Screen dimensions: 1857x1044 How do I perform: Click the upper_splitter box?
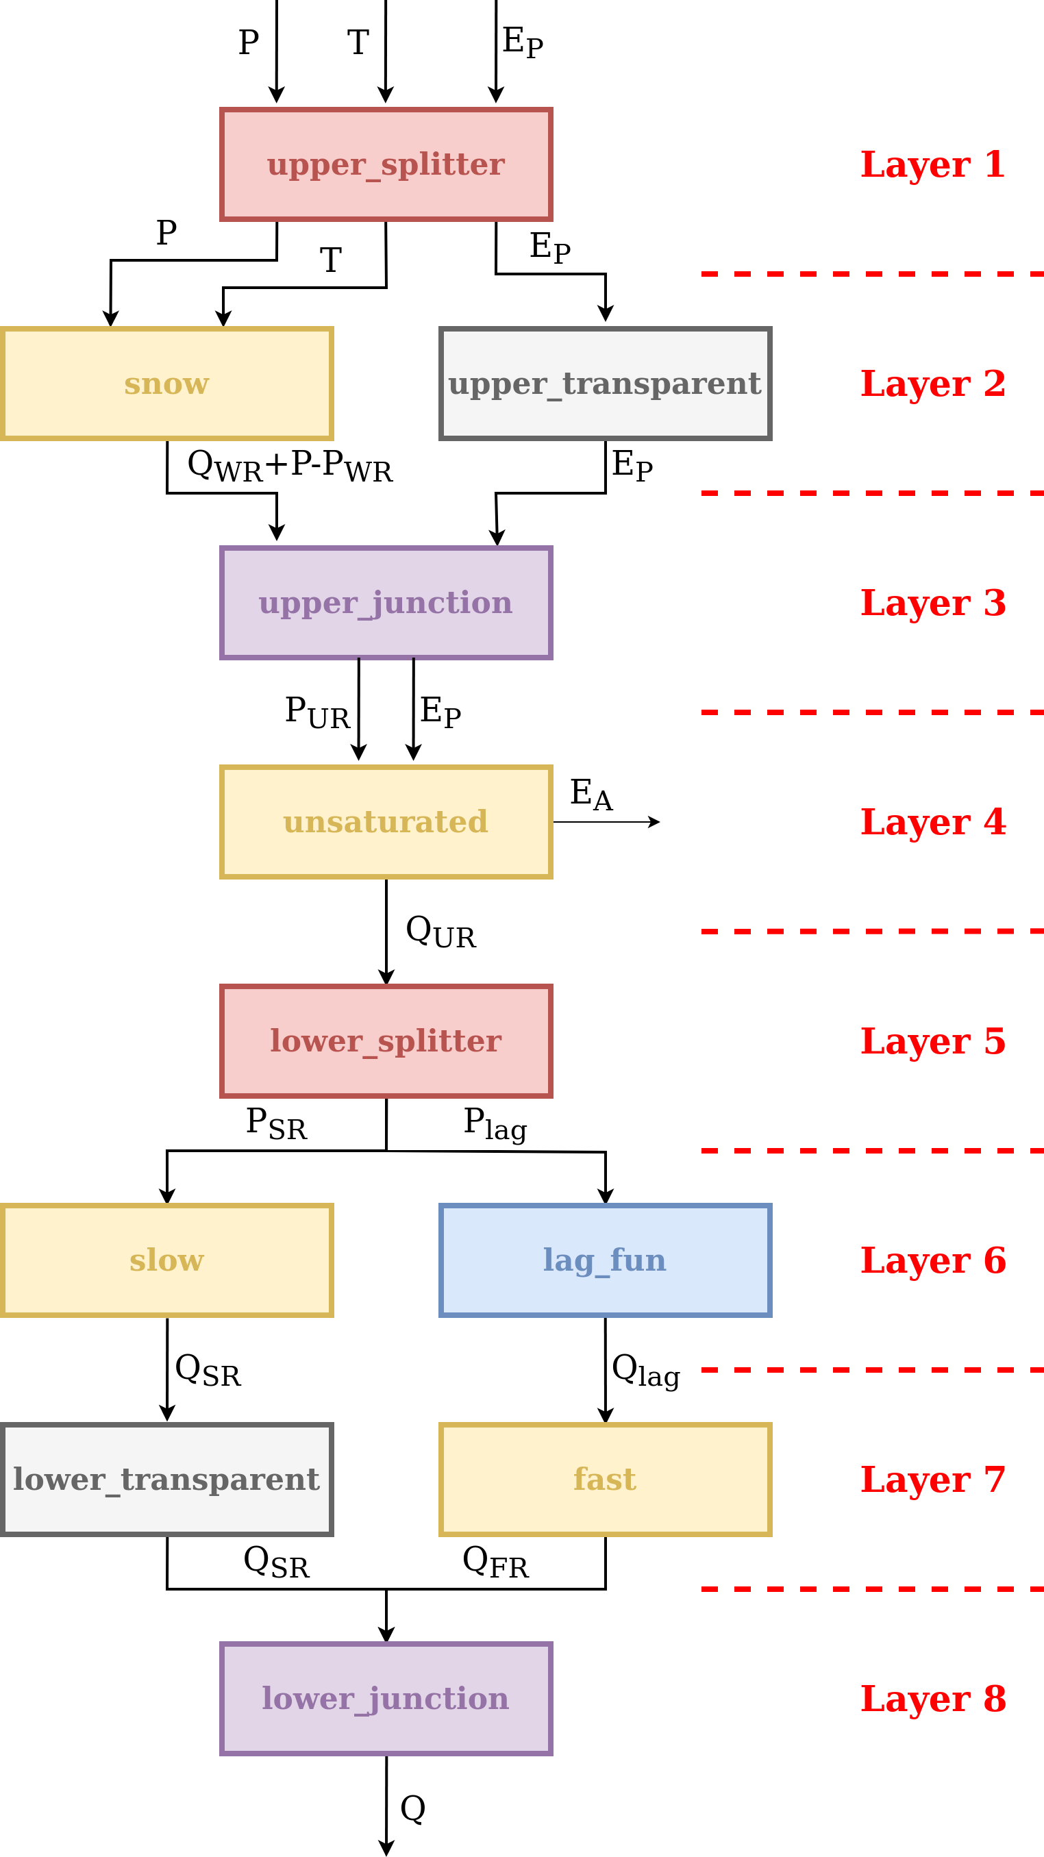point(386,164)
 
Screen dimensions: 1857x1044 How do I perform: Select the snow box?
point(166,384)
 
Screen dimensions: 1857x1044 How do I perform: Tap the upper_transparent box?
point(605,384)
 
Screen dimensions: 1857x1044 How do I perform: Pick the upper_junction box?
point(386,603)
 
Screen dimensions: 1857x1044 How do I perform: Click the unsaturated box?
point(386,822)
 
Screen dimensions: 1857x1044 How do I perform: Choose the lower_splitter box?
point(386,1041)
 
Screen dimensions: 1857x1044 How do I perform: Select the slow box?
point(166,1260)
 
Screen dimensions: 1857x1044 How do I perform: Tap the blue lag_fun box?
point(605,1260)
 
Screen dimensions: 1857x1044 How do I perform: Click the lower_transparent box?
point(166,1480)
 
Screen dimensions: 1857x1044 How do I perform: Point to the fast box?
point(605,1480)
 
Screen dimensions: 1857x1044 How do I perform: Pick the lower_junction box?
point(386,1698)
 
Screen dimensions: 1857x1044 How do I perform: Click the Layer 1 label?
point(933,164)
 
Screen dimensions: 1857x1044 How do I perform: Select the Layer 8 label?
point(933,1698)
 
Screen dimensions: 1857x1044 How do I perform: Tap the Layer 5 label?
point(933,1041)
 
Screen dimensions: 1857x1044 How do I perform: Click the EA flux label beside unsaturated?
point(591,795)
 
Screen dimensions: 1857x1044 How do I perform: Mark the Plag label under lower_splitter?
point(495,1125)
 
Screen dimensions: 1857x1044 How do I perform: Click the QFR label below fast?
point(495,1563)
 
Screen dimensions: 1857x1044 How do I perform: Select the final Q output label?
point(413,1808)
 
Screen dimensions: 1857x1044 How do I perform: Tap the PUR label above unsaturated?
point(317,712)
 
